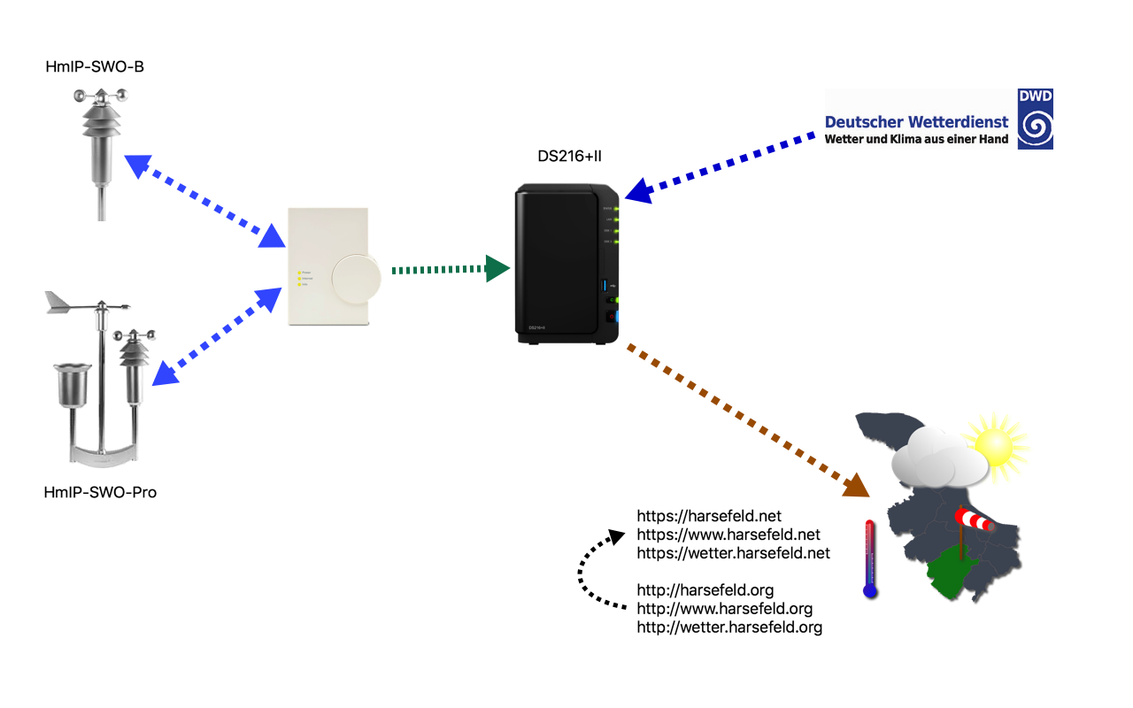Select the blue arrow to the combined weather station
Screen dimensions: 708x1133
(x=217, y=336)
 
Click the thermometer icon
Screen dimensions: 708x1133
(x=870, y=559)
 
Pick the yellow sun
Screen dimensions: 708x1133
(x=998, y=447)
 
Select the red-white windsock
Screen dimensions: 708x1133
(x=975, y=519)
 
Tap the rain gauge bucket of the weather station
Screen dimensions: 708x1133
(x=73, y=384)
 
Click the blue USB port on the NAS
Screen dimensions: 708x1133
(x=606, y=285)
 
